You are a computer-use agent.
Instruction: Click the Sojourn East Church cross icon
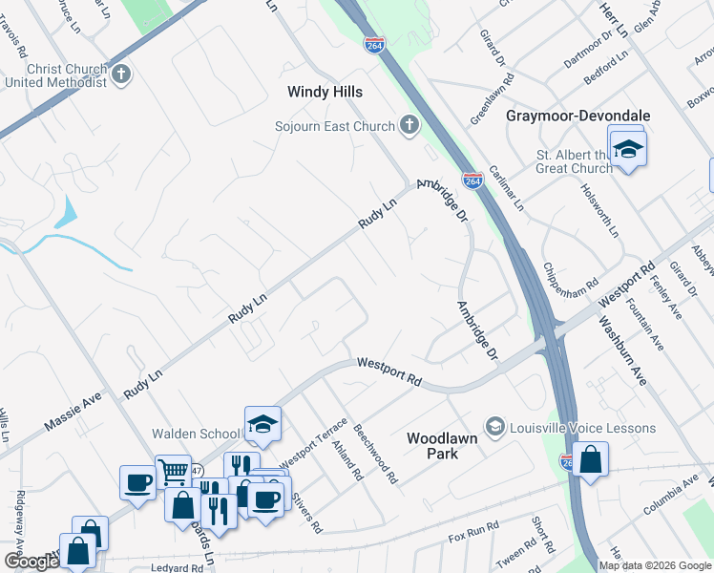[x=409, y=126]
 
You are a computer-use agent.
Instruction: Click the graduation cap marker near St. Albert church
[x=628, y=150]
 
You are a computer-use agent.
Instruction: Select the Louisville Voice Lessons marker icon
[x=494, y=427]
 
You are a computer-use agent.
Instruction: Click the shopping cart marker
[x=173, y=470]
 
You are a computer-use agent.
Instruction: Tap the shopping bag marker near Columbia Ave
[x=591, y=460]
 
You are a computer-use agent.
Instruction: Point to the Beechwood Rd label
[x=375, y=455]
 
